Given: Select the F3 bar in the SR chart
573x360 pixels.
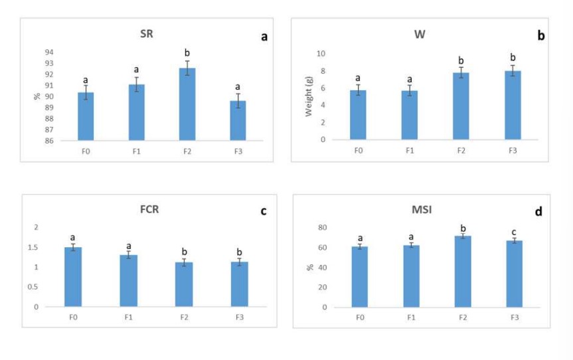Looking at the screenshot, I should [x=238, y=120].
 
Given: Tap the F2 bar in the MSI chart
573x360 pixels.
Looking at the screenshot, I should [x=462, y=272].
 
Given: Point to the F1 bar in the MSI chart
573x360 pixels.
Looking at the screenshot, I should [x=411, y=276].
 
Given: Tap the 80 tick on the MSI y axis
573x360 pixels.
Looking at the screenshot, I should [x=321, y=227].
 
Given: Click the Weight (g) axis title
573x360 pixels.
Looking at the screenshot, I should [x=309, y=96].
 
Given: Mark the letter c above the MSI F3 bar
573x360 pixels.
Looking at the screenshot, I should [x=513, y=232].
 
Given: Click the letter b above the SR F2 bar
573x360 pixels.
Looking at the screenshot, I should [x=187, y=52].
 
